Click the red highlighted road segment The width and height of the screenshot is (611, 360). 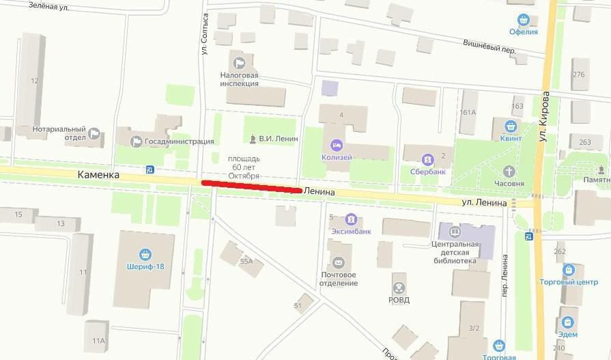pos(251,186)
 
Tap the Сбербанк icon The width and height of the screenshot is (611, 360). pos(428,159)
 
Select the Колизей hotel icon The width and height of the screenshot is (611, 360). pos(337,145)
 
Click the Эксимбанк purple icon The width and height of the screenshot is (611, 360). pos(350,219)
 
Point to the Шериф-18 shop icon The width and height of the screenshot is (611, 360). pos(143,254)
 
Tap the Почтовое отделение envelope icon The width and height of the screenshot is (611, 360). pos(338,262)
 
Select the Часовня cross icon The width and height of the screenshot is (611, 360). pos(509,171)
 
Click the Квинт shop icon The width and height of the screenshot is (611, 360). pos(511,126)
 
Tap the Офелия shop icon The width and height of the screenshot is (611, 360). pos(524,19)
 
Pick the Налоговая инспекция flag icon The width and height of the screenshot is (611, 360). pos(239,63)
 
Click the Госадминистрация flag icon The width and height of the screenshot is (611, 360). pos(137,141)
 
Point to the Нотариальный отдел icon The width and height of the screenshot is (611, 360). pos(95,134)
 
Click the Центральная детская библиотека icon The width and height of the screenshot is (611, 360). pos(454,232)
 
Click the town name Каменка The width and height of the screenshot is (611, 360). pos(98,176)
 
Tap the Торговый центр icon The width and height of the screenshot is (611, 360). pos(568,271)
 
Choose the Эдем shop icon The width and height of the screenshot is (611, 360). pos(567,322)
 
